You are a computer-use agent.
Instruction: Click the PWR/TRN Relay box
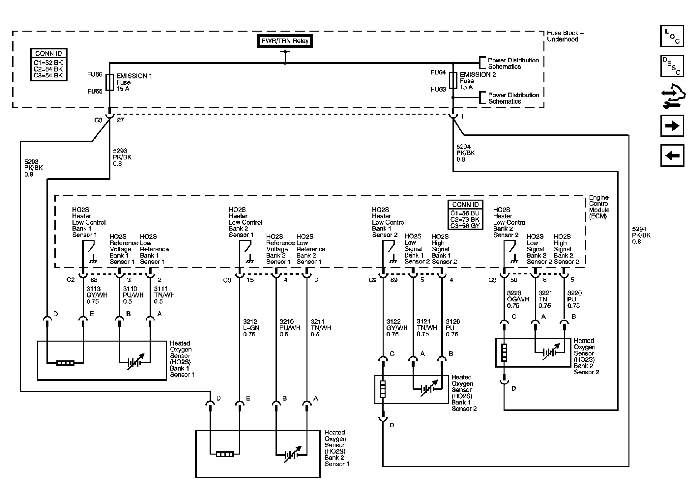click(x=285, y=41)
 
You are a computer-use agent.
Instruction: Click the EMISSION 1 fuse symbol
click(x=110, y=82)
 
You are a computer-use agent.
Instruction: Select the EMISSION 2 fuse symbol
click(x=453, y=80)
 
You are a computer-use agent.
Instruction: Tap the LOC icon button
click(x=672, y=36)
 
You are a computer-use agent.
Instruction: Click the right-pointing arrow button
click(x=672, y=126)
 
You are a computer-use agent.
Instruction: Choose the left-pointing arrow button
click(x=672, y=155)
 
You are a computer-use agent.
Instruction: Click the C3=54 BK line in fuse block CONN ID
click(x=48, y=75)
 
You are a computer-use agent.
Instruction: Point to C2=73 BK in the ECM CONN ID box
click(x=465, y=219)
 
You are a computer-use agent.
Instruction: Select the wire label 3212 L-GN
click(x=251, y=328)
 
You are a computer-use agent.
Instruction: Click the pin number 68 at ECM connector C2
click(x=94, y=280)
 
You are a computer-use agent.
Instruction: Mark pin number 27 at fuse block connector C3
click(x=121, y=120)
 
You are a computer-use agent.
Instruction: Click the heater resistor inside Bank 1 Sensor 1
click(x=65, y=363)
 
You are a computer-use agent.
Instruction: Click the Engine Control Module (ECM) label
click(x=599, y=207)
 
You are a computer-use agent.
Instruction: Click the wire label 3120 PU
click(x=452, y=328)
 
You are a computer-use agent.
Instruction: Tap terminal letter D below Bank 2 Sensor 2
click(x=513, y=389)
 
